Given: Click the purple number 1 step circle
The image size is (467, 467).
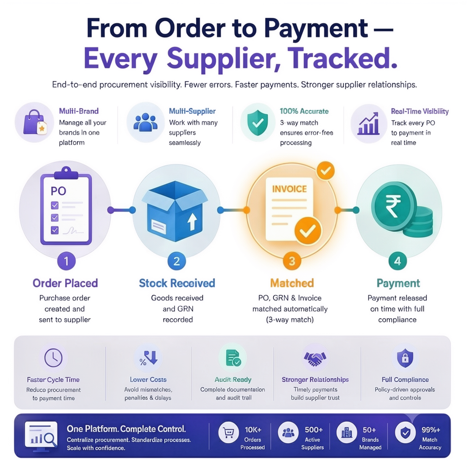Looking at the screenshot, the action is [x=66, y=261].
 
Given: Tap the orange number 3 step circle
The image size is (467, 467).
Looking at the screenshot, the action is [x=292, y=261].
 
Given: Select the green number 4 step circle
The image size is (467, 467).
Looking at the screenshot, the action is [x=398, y=261].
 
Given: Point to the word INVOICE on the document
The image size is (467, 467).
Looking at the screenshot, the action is [x=289, y=189].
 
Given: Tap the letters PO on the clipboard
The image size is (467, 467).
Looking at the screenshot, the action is [x=58, y=191].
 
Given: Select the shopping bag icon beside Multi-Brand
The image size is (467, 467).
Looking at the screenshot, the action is [x=35, y=122].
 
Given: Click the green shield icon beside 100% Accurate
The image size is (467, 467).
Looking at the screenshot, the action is [x=258, y=123].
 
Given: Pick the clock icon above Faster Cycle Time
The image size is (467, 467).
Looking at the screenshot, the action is [x=53, y=358].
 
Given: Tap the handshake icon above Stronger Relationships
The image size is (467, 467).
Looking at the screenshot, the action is [x=315, y=358].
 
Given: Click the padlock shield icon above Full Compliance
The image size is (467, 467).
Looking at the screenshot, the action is [x=405, y=358].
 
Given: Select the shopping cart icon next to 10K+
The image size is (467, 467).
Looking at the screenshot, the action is [x=228, y=432].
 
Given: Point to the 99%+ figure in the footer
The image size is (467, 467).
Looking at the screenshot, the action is [x=431, y=430].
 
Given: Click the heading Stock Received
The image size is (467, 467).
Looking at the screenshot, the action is [x=177, y=283].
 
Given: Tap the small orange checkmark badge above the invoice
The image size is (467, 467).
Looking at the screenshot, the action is [x=326, y=171].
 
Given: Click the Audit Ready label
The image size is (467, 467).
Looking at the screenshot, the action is [x=233, y=379].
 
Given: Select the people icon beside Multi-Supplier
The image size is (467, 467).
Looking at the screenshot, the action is [x=145, y=122].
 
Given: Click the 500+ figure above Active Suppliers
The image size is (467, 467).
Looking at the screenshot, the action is [x=314, y=430].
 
